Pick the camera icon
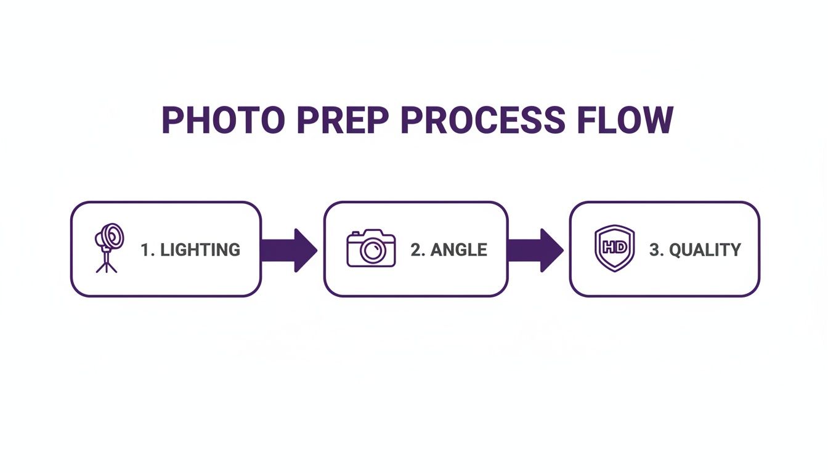click(371, 248)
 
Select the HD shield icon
click(614, 248)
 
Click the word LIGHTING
click(200, 249)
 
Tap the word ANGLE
click(458, 249)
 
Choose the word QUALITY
click(705, 249)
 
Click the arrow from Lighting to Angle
click(288, 249)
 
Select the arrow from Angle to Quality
click(535, 249)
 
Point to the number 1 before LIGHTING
click(145, 249)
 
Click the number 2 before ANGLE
click(416, 249)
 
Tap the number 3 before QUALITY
click(655, 249)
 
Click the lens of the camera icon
click(371, 250)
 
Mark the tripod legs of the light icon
click(106, 265)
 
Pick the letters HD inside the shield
click(614, 247)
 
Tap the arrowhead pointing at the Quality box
click(551, 249)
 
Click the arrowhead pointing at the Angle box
click(305, 249)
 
